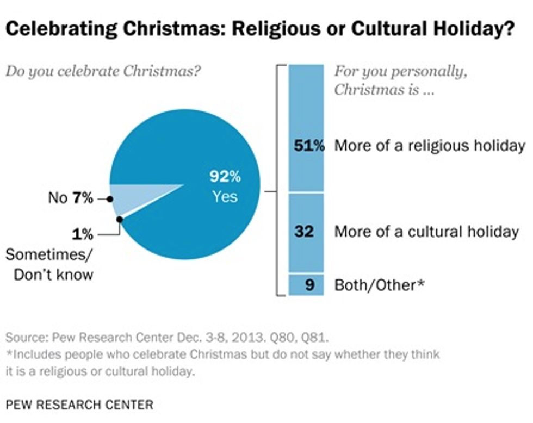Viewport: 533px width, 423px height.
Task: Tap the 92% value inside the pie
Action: tap(225, 177)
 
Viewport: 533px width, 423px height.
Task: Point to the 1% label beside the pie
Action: tap(82, 235)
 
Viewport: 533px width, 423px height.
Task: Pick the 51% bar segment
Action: tap(306, 128)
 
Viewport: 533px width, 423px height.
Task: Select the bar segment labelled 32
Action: tap(306, 232)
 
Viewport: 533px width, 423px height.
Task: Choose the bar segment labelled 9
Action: tap(306, 284)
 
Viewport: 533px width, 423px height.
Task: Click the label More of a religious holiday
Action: tap(429, 146)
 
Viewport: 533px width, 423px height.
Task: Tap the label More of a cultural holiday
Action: tap(426, 232)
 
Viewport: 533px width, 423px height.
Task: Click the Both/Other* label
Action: tap(379, 284)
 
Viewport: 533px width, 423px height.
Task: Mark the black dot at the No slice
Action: tap(110, 199)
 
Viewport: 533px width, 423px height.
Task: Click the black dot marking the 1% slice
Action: tap(119, 219)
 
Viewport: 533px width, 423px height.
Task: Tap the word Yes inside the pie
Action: tap(225, 196)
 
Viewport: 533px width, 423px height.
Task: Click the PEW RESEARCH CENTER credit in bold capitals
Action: tap(79, 405)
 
